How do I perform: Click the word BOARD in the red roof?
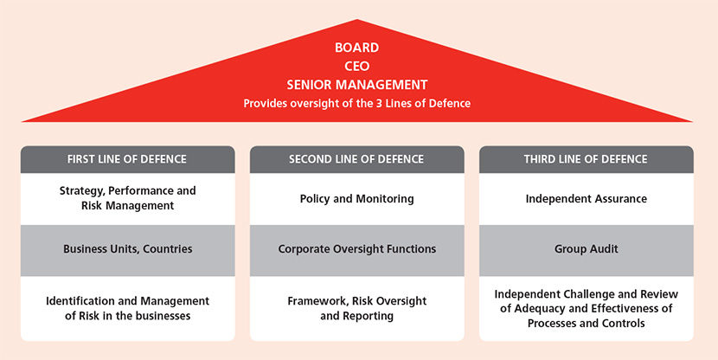pos(356,48)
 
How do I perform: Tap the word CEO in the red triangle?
pos(356,67)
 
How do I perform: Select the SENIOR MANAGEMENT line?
pos(357,85)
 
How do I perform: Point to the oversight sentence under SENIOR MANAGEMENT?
pos(356,104)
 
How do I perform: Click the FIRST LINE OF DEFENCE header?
pos(127,159)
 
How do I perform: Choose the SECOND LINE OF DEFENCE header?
pos(356,159)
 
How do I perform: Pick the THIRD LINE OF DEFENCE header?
pos(586,159)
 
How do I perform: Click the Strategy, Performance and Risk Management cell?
pos(128,198)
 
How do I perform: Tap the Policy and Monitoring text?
pos(356,199)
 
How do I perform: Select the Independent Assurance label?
pos(587,199)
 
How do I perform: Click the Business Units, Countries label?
pos(128,249)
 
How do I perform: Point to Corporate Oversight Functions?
pos(357,249)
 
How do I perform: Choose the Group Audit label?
pos(587,249)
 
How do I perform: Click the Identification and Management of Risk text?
pos(128,308)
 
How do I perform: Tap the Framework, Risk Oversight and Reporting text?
pos(356,308)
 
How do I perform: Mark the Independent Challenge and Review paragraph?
pos(587,309)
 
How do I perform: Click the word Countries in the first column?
pos(168,249)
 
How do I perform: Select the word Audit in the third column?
pos(603,249)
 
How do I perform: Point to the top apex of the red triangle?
pos(356,19)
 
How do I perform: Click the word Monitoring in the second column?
pos(388,199)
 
